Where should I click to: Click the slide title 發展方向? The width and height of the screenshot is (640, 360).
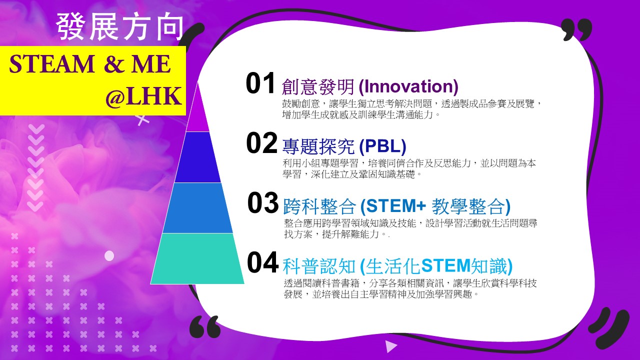[120, 26]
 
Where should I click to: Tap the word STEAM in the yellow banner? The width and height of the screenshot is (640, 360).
[51, 64]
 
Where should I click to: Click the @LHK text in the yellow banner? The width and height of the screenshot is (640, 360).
[144, 96]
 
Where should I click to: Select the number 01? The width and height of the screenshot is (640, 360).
[260, 83]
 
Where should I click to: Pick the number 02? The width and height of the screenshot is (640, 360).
[261, 142]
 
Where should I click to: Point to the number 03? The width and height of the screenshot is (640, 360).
[263, 202]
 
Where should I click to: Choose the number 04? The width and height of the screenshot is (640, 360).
[262, 262]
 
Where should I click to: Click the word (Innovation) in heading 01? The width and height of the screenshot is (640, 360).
[408, 86]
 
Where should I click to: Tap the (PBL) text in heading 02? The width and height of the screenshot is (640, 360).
[382, 146]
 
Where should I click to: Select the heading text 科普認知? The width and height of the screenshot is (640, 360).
[319, 266]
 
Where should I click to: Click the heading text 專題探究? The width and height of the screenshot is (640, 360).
[318, 146]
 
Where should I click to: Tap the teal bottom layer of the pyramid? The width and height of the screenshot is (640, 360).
[197, 258]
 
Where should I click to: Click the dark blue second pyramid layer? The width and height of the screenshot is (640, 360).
[197, 157]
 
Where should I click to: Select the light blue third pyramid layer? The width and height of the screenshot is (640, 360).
[197, 208]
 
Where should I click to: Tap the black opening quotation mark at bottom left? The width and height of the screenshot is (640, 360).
[205, 326]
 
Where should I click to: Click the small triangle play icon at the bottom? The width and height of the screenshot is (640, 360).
[391, 347]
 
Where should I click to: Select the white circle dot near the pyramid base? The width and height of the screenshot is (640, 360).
[109, 255]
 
